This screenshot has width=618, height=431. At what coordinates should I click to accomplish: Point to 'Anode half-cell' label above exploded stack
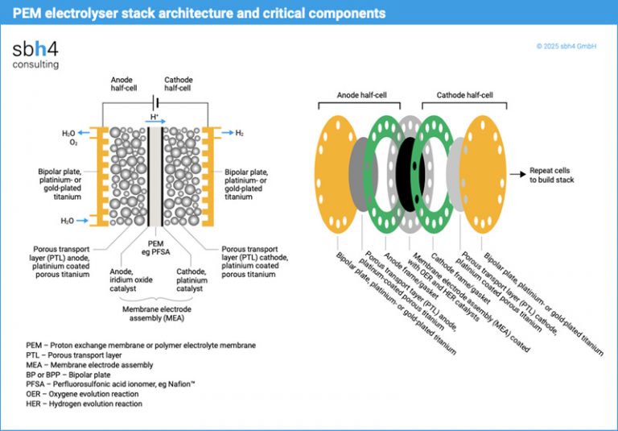(362, 94)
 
